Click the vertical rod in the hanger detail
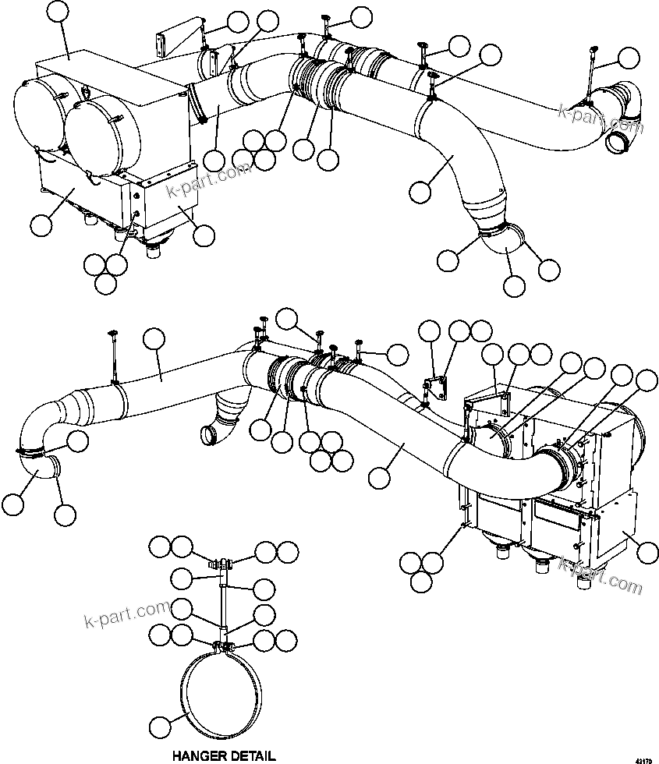coord(223,600)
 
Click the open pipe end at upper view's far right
coord(619,140)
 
